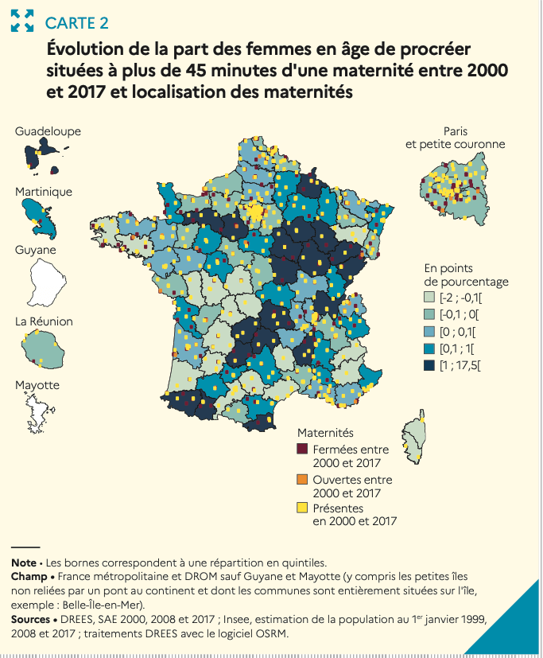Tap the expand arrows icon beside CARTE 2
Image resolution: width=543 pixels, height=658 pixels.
pos(21,21)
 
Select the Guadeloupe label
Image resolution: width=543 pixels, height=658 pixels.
pos(48,131)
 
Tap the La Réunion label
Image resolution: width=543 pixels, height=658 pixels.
pos(44,321)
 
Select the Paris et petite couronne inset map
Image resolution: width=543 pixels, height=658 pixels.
pos(452,192)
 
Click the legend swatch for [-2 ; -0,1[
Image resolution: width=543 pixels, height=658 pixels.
pos(429,298)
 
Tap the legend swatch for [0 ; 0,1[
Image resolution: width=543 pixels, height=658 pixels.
pos(429,332)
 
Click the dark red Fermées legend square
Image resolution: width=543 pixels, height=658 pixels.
pos(302,450)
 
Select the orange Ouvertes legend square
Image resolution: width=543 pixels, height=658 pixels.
pos(302,480)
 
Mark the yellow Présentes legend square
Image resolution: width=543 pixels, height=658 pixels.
pos(302,508)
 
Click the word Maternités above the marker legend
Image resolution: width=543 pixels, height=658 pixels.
pos(325,432)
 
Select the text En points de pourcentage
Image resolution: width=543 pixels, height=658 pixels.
pos(466,275)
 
